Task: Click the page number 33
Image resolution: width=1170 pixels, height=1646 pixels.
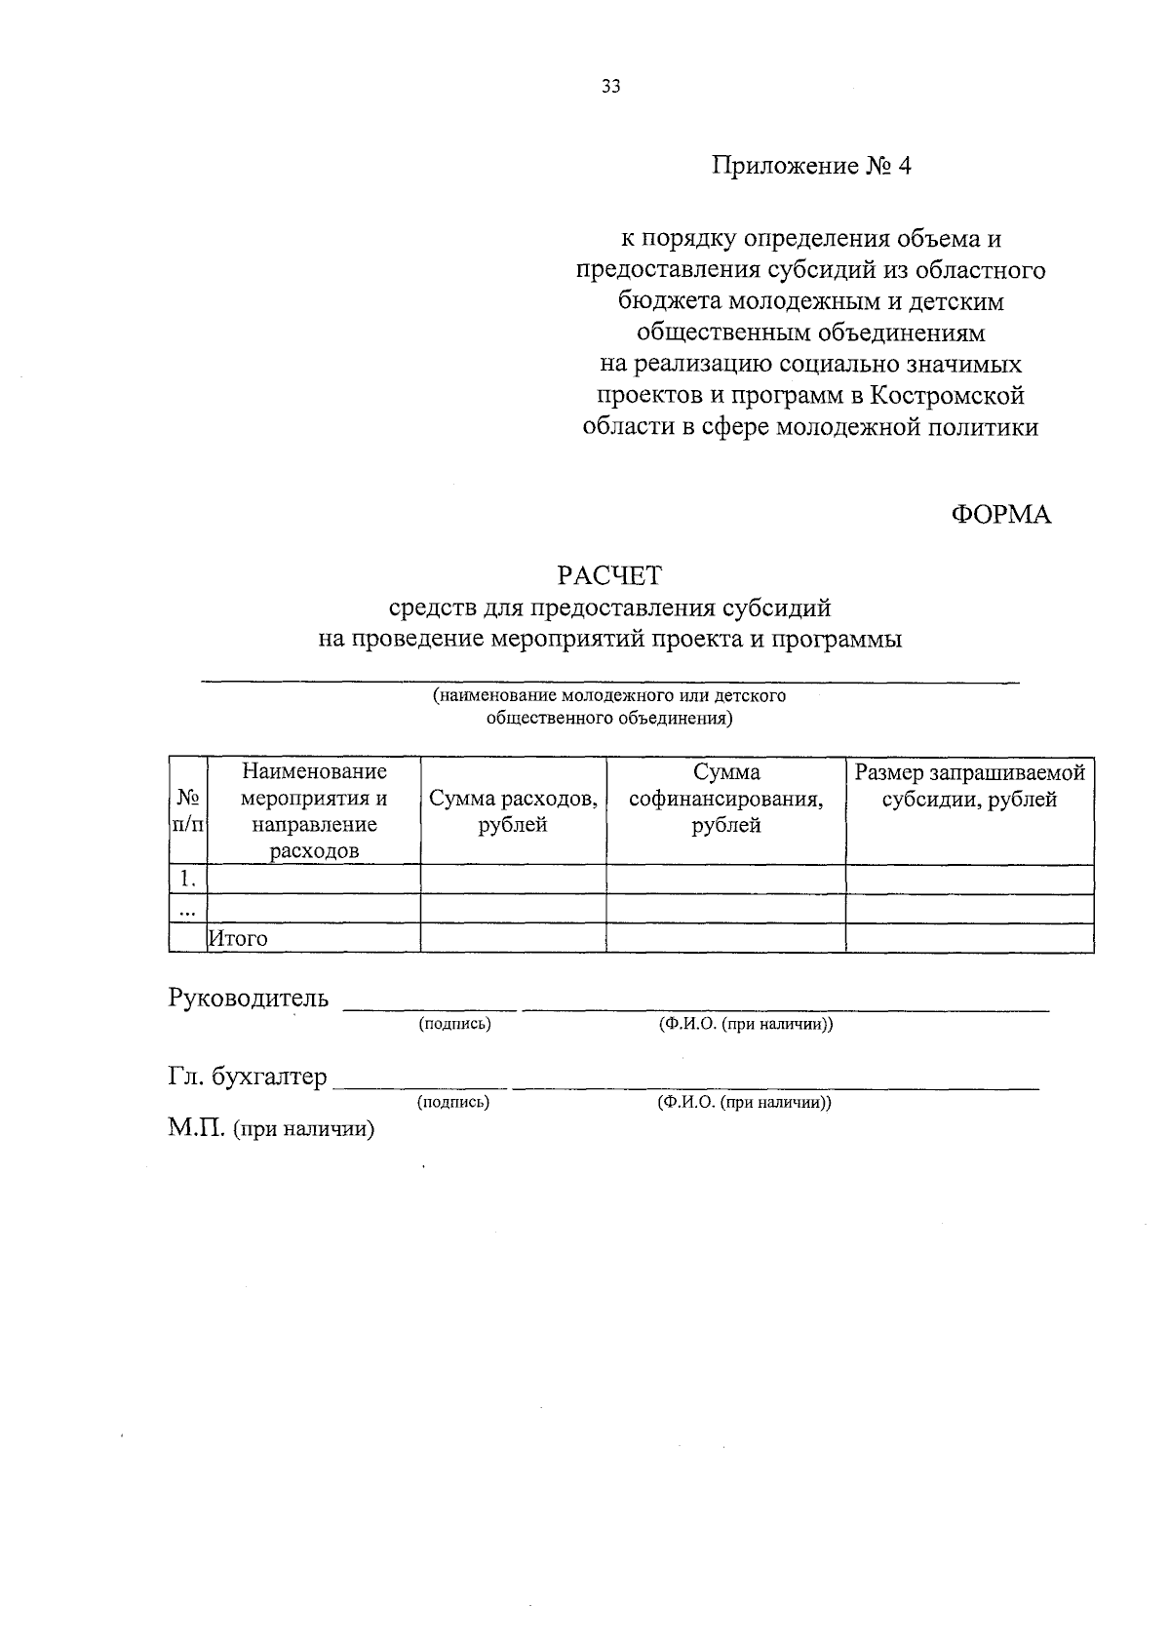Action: pos(610,86)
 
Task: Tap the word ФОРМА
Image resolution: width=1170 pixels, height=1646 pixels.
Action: pos(1001,516)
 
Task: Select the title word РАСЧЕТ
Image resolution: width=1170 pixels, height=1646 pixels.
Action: pos(609,575)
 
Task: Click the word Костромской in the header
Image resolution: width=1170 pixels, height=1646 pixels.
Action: pos(947,396)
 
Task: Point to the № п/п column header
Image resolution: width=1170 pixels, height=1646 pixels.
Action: pos(188,810)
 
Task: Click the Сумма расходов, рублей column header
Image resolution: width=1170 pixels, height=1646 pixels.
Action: pos(513,811)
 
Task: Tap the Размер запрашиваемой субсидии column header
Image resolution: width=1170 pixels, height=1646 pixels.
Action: pos(969,786)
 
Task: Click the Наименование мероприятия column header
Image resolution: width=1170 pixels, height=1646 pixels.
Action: pos(314,810)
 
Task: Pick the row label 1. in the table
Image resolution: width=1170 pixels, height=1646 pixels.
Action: pos(188,879)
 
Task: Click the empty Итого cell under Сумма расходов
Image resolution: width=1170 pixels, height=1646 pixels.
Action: pos(513,938)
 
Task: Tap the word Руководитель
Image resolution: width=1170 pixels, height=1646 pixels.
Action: pos(249,999)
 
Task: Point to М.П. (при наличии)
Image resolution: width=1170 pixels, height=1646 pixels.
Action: pos(271,1129)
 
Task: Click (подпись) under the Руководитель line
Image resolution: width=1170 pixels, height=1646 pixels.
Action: pos(454,1024)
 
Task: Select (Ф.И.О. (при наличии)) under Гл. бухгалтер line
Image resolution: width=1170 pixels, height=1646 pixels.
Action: pos(744,1103)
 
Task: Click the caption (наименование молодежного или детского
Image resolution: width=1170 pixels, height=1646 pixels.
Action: pos(609,696)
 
